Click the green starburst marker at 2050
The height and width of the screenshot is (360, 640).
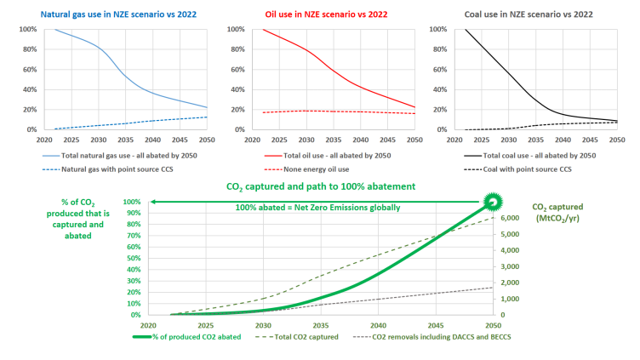[x=492, y=202]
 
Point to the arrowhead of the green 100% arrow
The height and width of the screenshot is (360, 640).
[x=153, y=202]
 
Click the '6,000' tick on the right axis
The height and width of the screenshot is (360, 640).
[x=508, y=218]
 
